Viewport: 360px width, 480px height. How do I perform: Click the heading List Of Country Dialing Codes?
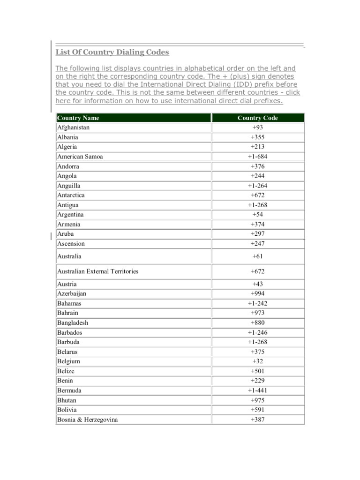click(x=112, y=52)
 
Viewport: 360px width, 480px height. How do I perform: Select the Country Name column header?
click(x=78, y=118)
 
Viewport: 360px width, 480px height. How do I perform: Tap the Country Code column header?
click(x=258, y=118)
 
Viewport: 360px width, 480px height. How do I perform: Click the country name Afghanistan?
click(x=73, y=127)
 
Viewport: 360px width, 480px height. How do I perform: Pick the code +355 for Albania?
click(x=258, y=137)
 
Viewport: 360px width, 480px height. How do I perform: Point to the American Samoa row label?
click(x=80, y=157)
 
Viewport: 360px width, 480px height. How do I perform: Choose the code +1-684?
click(x=258, y=157)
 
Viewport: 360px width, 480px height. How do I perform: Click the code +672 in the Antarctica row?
click(x=258, y=195)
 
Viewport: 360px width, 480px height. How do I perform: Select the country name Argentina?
click(x=71, y=215)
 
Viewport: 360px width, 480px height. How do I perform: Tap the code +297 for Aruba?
click(x=258, y=234)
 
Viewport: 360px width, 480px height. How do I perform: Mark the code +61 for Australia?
click(x=258, y=256)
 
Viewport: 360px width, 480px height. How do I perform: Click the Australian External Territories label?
click(x=97, y=271)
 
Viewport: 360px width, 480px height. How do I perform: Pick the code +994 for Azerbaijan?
click(x=258, y=293)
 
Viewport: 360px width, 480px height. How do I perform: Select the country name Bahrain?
click(x=68, y=313)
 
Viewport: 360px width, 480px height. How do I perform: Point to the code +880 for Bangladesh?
click(x=258, y=322)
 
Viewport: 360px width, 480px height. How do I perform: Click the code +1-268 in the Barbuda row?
click(x=258, y=342)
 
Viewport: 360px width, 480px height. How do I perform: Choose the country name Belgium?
click(x=68, y=361)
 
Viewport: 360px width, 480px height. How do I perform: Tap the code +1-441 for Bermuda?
click(x=258, y=390)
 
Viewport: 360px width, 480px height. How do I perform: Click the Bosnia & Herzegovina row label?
click(x=87, y=420)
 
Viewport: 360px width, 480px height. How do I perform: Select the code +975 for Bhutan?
click(x=258, y=400)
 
